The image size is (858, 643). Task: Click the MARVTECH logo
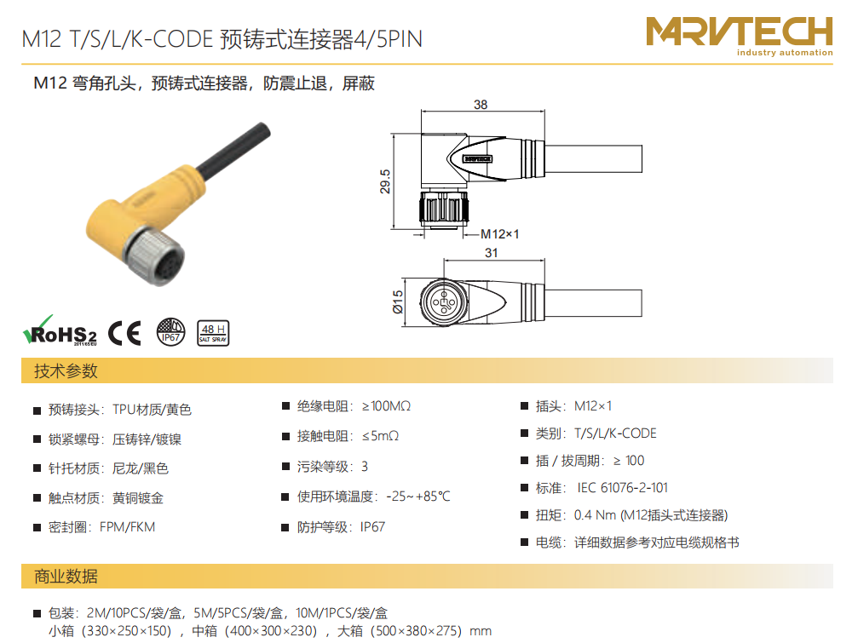[740, 35]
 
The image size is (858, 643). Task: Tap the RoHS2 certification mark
[60, 330]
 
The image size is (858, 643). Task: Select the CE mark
[124, 332]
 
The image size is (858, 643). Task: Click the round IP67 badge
[170, 332]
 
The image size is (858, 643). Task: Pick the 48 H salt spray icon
[213, 333]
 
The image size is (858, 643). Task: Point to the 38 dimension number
[481, 105]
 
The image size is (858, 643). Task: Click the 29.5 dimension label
[385, 181]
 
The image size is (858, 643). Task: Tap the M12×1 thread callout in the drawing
[499, 234]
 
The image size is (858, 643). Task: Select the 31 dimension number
[492, 253]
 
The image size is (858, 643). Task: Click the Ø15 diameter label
[398, 301]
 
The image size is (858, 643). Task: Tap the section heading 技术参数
[66, 370]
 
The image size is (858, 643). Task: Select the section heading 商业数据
[66, 577]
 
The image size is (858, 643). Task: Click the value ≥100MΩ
[386, 406]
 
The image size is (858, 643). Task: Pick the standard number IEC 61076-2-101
[623, 488]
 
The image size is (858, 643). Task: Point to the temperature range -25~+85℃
[418, 497]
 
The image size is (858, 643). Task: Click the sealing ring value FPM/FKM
[128, 527]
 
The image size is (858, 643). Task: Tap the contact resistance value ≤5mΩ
[380, 436]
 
